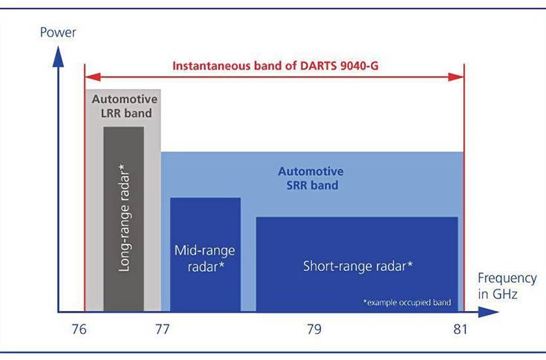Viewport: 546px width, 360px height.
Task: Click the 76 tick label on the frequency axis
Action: pyautogui.click(x=79, y=330)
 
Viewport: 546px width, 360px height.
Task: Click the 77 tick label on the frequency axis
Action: pyautogui.click(x=161, y=330)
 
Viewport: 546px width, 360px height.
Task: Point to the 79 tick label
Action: pyautogui.click(x=313, y=330)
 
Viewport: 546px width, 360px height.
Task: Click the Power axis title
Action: pyautogui.click(x=57, y=33)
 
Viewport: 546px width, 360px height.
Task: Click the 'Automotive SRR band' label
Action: pyautogui.click(x=312, y=179)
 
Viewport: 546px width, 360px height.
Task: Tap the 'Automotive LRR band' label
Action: pyautogui.click(x=124, y=106)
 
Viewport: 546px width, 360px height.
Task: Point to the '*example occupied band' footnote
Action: pyautogui.click(x=408, y=303)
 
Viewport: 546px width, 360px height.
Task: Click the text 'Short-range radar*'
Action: pyautogui.click(x=357, y=265)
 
